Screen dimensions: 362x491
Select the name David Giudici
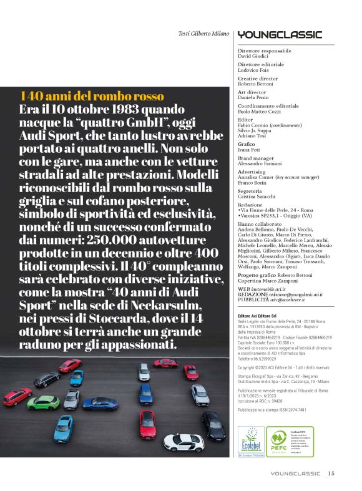click(256, 56)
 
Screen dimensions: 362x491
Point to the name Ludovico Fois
click(255, 69)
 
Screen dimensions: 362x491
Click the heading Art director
click(253, 92)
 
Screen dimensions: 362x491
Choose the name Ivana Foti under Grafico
click(251, 149)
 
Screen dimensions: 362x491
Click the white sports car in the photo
click(183, 440)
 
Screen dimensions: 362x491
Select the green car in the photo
click(43, 402)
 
